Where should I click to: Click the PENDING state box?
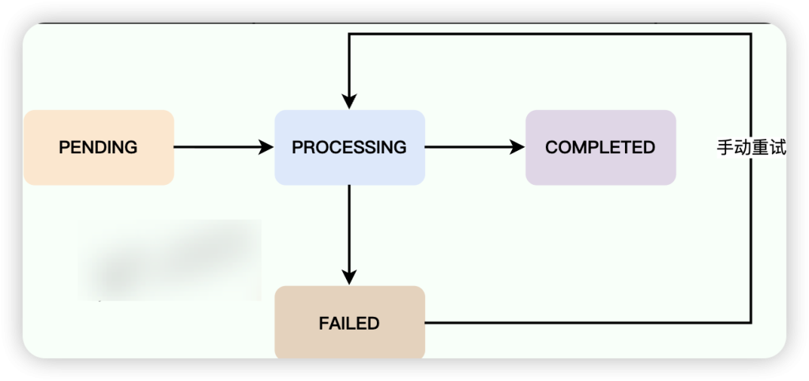[x=99, y=148]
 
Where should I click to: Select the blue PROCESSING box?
[x=349, y=148]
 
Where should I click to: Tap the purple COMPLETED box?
[x=600, y=148]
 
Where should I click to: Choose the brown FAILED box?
[x=349, y=323]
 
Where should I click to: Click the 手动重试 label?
[x=751, y=148]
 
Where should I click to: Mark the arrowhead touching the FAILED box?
[x=349, y=277]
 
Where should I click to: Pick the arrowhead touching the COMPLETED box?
[x=517, y=147]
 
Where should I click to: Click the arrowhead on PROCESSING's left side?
[x=266, y=147]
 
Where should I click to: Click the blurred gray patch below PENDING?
[x=170, y=260]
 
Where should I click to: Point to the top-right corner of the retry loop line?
[x=750, y=34]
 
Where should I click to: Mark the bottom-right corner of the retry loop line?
[x=750, y=323]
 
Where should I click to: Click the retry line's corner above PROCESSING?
[x=349, y=34]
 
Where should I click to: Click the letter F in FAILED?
[x=323, y=323]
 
